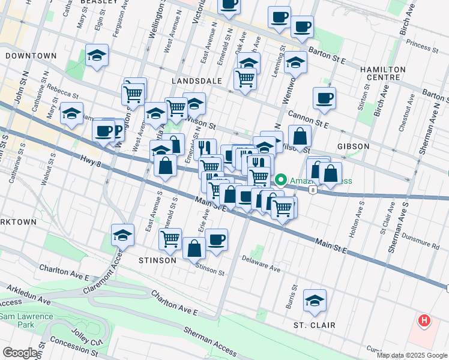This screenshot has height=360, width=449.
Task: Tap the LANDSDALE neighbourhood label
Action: pyautogui.click(x=196, y=80)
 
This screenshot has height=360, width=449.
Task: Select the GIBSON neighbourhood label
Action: pyautogui.click(x=353, y=146)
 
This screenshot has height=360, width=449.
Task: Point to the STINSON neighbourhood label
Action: pyautogui.click(x=157, y=260)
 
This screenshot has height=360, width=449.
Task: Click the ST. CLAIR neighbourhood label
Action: pyautogui.click(x=314, y=325)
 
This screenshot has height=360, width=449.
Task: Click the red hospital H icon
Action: pyautogui.click(x=424, y=321)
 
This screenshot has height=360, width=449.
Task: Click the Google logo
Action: pyautogui.click(x=19, y=353)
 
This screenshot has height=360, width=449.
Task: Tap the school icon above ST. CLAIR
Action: pyautogui.click(x=315, y=302)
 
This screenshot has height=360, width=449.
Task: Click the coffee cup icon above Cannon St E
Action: pyautogui.click(x=324, y=98)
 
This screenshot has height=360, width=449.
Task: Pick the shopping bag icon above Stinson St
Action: pyautogui.click(x=194, y=248)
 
